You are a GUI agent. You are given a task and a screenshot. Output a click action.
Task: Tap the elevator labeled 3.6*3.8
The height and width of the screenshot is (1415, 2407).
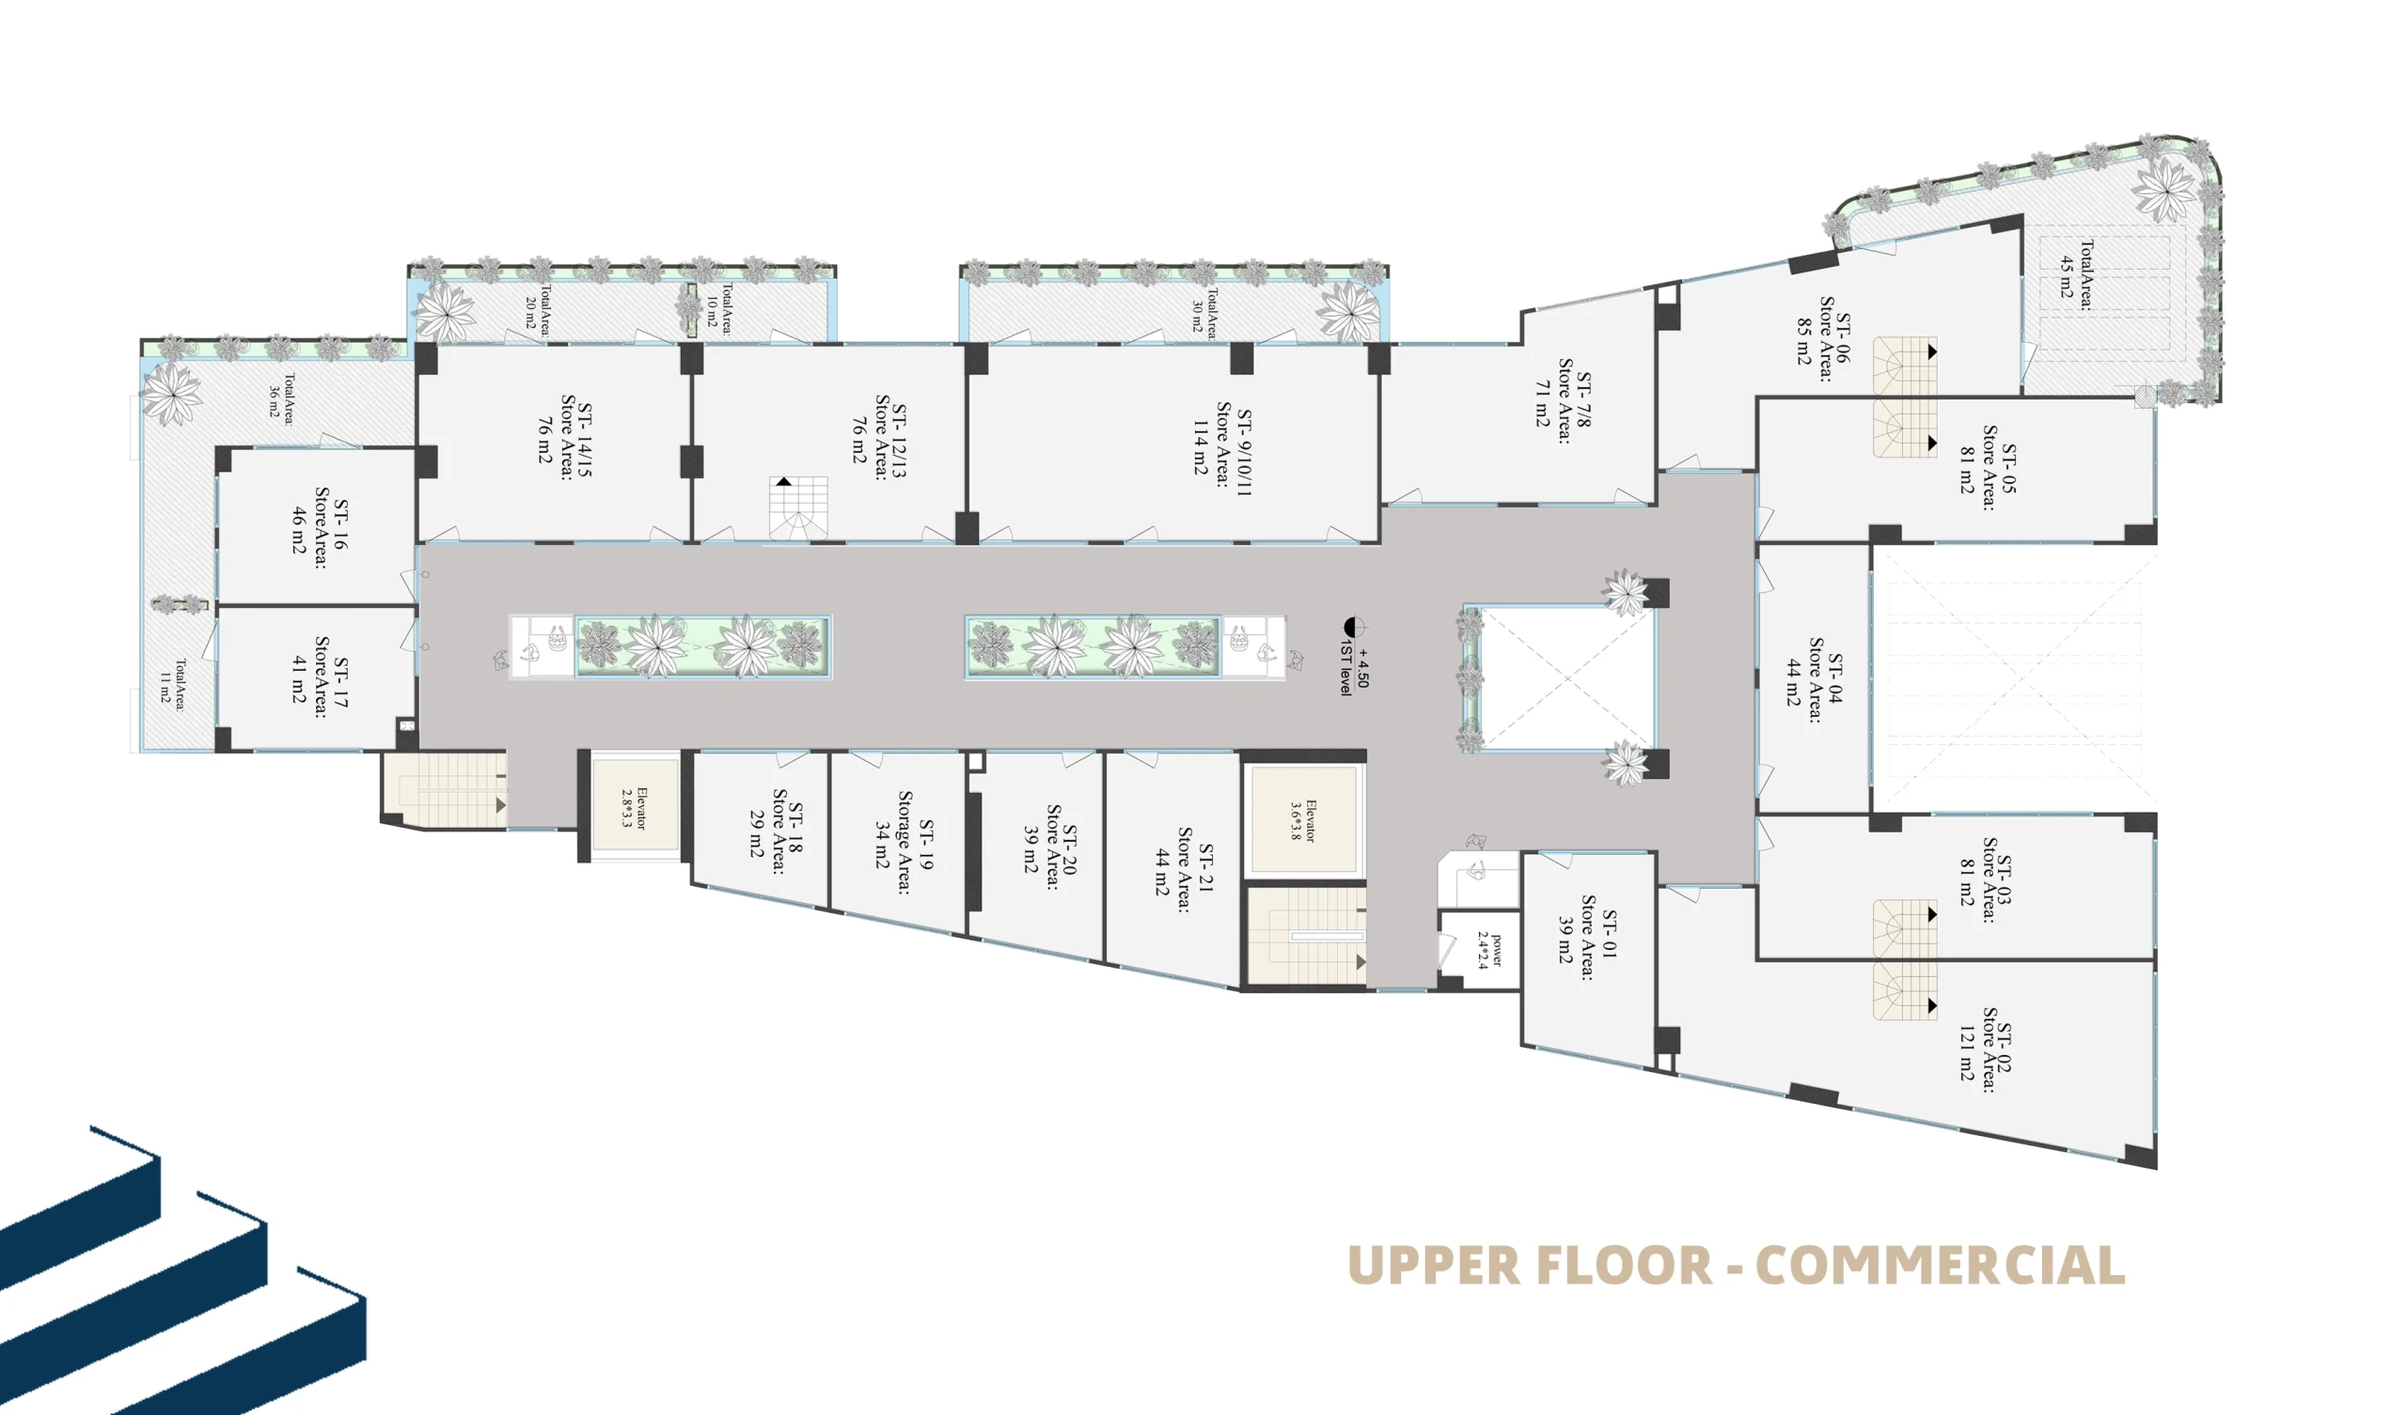(x=1303, y=820)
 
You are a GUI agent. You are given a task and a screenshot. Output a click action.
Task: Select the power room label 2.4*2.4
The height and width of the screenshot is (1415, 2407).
(x=1489, y=949)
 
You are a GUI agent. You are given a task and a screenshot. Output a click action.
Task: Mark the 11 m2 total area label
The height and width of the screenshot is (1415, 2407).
(x=173, y=684)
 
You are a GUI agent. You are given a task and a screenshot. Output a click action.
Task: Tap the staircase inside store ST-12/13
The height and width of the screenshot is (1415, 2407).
(x=798, y=508)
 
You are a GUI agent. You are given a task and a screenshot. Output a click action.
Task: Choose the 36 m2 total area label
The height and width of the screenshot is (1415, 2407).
(x=281, y=398)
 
